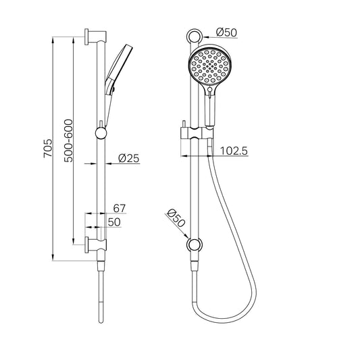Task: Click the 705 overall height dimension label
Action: [47, 148]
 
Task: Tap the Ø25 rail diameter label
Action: [128, 158]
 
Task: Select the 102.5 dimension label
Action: [233, 151]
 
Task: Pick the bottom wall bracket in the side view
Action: [93, 242]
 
